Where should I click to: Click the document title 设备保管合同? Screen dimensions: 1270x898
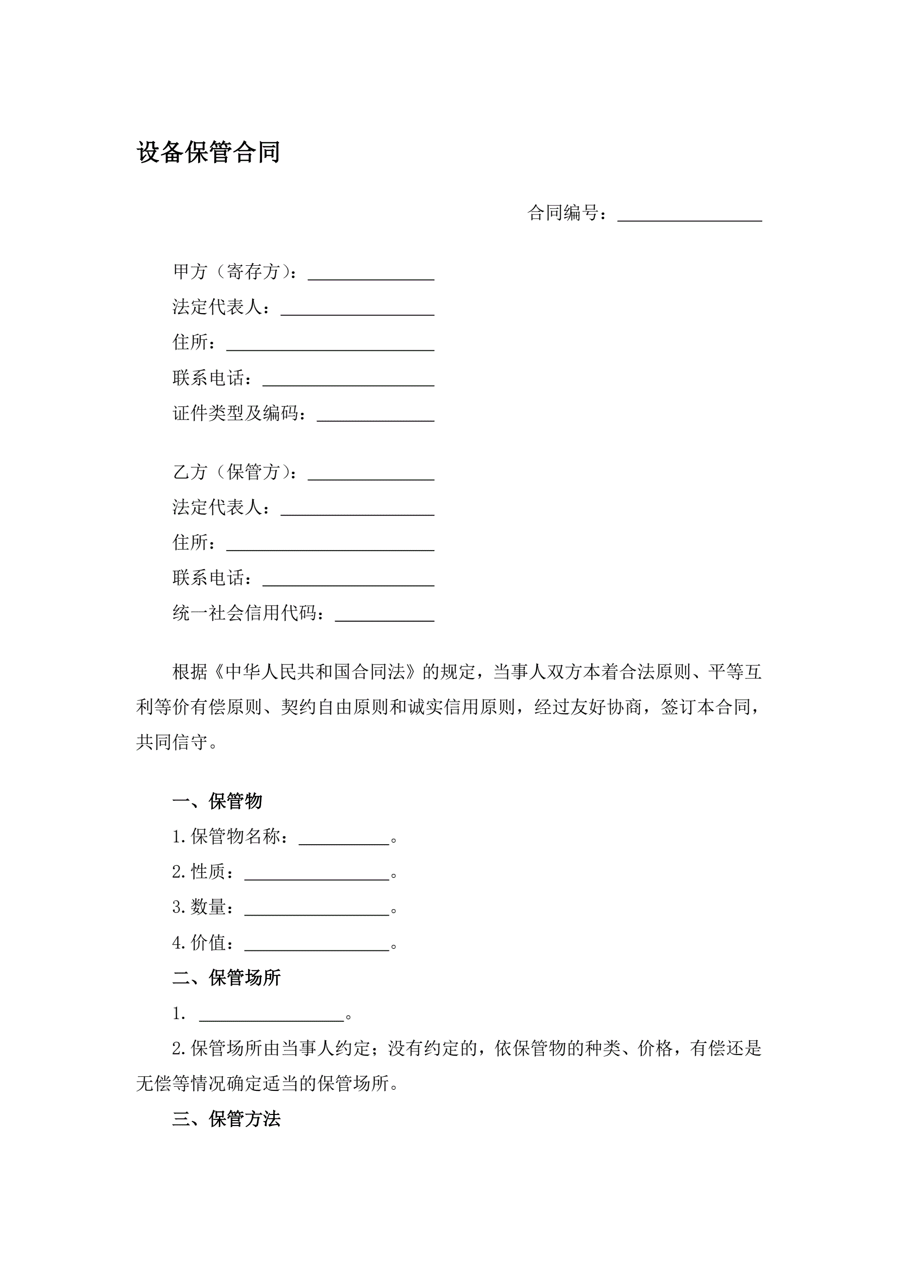(x=208, y=152)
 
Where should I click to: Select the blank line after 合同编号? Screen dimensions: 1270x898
(x=689, y=214)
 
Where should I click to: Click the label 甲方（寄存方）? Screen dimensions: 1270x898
(x=235, y=272)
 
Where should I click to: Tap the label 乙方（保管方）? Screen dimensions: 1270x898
(x=235, y=472)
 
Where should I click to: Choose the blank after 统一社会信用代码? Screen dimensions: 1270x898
(x=384, y=615)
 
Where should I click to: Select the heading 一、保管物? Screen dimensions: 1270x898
(x=217, y=800)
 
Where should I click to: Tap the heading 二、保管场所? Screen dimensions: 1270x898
(x=226, y=978)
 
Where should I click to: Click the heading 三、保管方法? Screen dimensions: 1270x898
(x=226, y=1119)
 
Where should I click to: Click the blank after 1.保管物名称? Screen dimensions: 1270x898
(x=344, y=838)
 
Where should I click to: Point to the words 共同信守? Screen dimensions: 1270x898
(x=172, y=742)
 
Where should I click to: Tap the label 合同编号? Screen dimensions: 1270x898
(x=563, y=212)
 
